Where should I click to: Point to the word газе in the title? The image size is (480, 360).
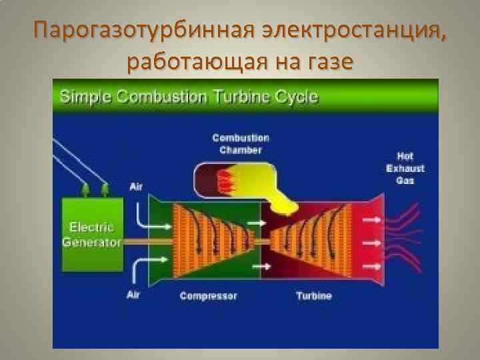coord(328,63)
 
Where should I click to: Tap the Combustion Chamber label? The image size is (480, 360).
coord(241,144)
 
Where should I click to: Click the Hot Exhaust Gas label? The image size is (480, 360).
coord(405,167)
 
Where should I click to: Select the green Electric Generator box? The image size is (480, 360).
coord(92,234)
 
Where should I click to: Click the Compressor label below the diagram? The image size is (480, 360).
coord(208,295)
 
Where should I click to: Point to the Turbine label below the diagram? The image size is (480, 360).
coord(313,295)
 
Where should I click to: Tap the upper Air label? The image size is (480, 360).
coord(136,187)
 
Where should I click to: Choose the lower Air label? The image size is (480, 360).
coord(134,294)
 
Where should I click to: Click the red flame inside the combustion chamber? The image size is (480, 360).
coord(223,181)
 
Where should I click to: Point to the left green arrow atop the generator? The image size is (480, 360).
coord(85,191)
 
